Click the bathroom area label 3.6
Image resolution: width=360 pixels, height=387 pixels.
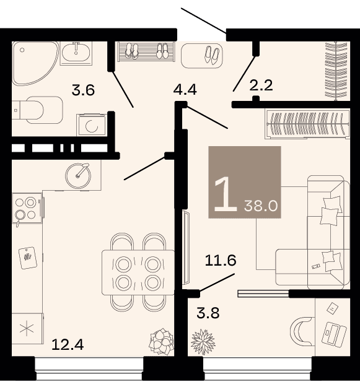point(83,90)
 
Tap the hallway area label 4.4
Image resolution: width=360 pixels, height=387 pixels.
point(185,89)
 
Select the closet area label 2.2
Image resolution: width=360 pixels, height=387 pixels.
point(261,85)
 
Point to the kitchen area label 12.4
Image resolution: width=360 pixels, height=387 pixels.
point(68,344)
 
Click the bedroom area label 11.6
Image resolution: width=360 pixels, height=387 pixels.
point(221,261)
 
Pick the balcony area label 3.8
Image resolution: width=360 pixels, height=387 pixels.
point(208,313)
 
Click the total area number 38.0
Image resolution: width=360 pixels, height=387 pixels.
point(261,206)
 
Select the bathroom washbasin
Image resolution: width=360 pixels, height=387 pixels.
point(76,53)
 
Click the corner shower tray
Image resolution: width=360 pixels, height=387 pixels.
point(35,63)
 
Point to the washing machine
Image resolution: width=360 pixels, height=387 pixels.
point(91,125)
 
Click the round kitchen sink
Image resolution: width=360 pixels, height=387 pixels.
point(78,176)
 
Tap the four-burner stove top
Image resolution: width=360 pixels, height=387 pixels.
point(27,208)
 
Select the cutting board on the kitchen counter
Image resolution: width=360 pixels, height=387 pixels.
point(28,258)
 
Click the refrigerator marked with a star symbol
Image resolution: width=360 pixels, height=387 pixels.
point(27,329)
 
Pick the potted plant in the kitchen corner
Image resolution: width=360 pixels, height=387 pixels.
point(162,341)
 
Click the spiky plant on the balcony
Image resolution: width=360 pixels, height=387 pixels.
point(203,342)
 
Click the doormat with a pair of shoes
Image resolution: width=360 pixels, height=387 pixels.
point(202,56)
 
